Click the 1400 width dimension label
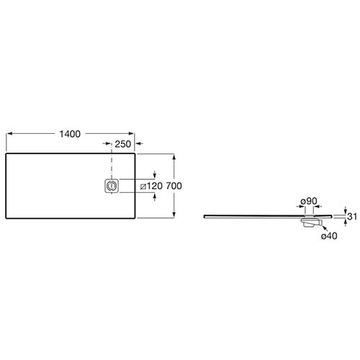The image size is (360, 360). pyautogui.click(x=70, y=134)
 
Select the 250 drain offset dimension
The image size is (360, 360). pyautogui.click(x=123, y=144)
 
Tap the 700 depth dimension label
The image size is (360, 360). pyautogui.click(x=174, y=186)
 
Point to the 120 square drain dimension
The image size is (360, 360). pyautogui.click(x=154, y=186)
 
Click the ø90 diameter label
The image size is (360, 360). pyautogui.click(x=309, y=201)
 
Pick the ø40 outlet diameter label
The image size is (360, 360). pyautogui.click(x=329, y=236)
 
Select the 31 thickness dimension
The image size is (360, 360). pyautogui.click(x=352, y=217)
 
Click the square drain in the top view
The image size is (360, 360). pyautogui.click(x=112, y=186)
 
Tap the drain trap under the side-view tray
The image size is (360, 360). pyautogui.click(x=311, y=222)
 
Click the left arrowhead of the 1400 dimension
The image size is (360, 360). pyautogui.click(x=9, y=134)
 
